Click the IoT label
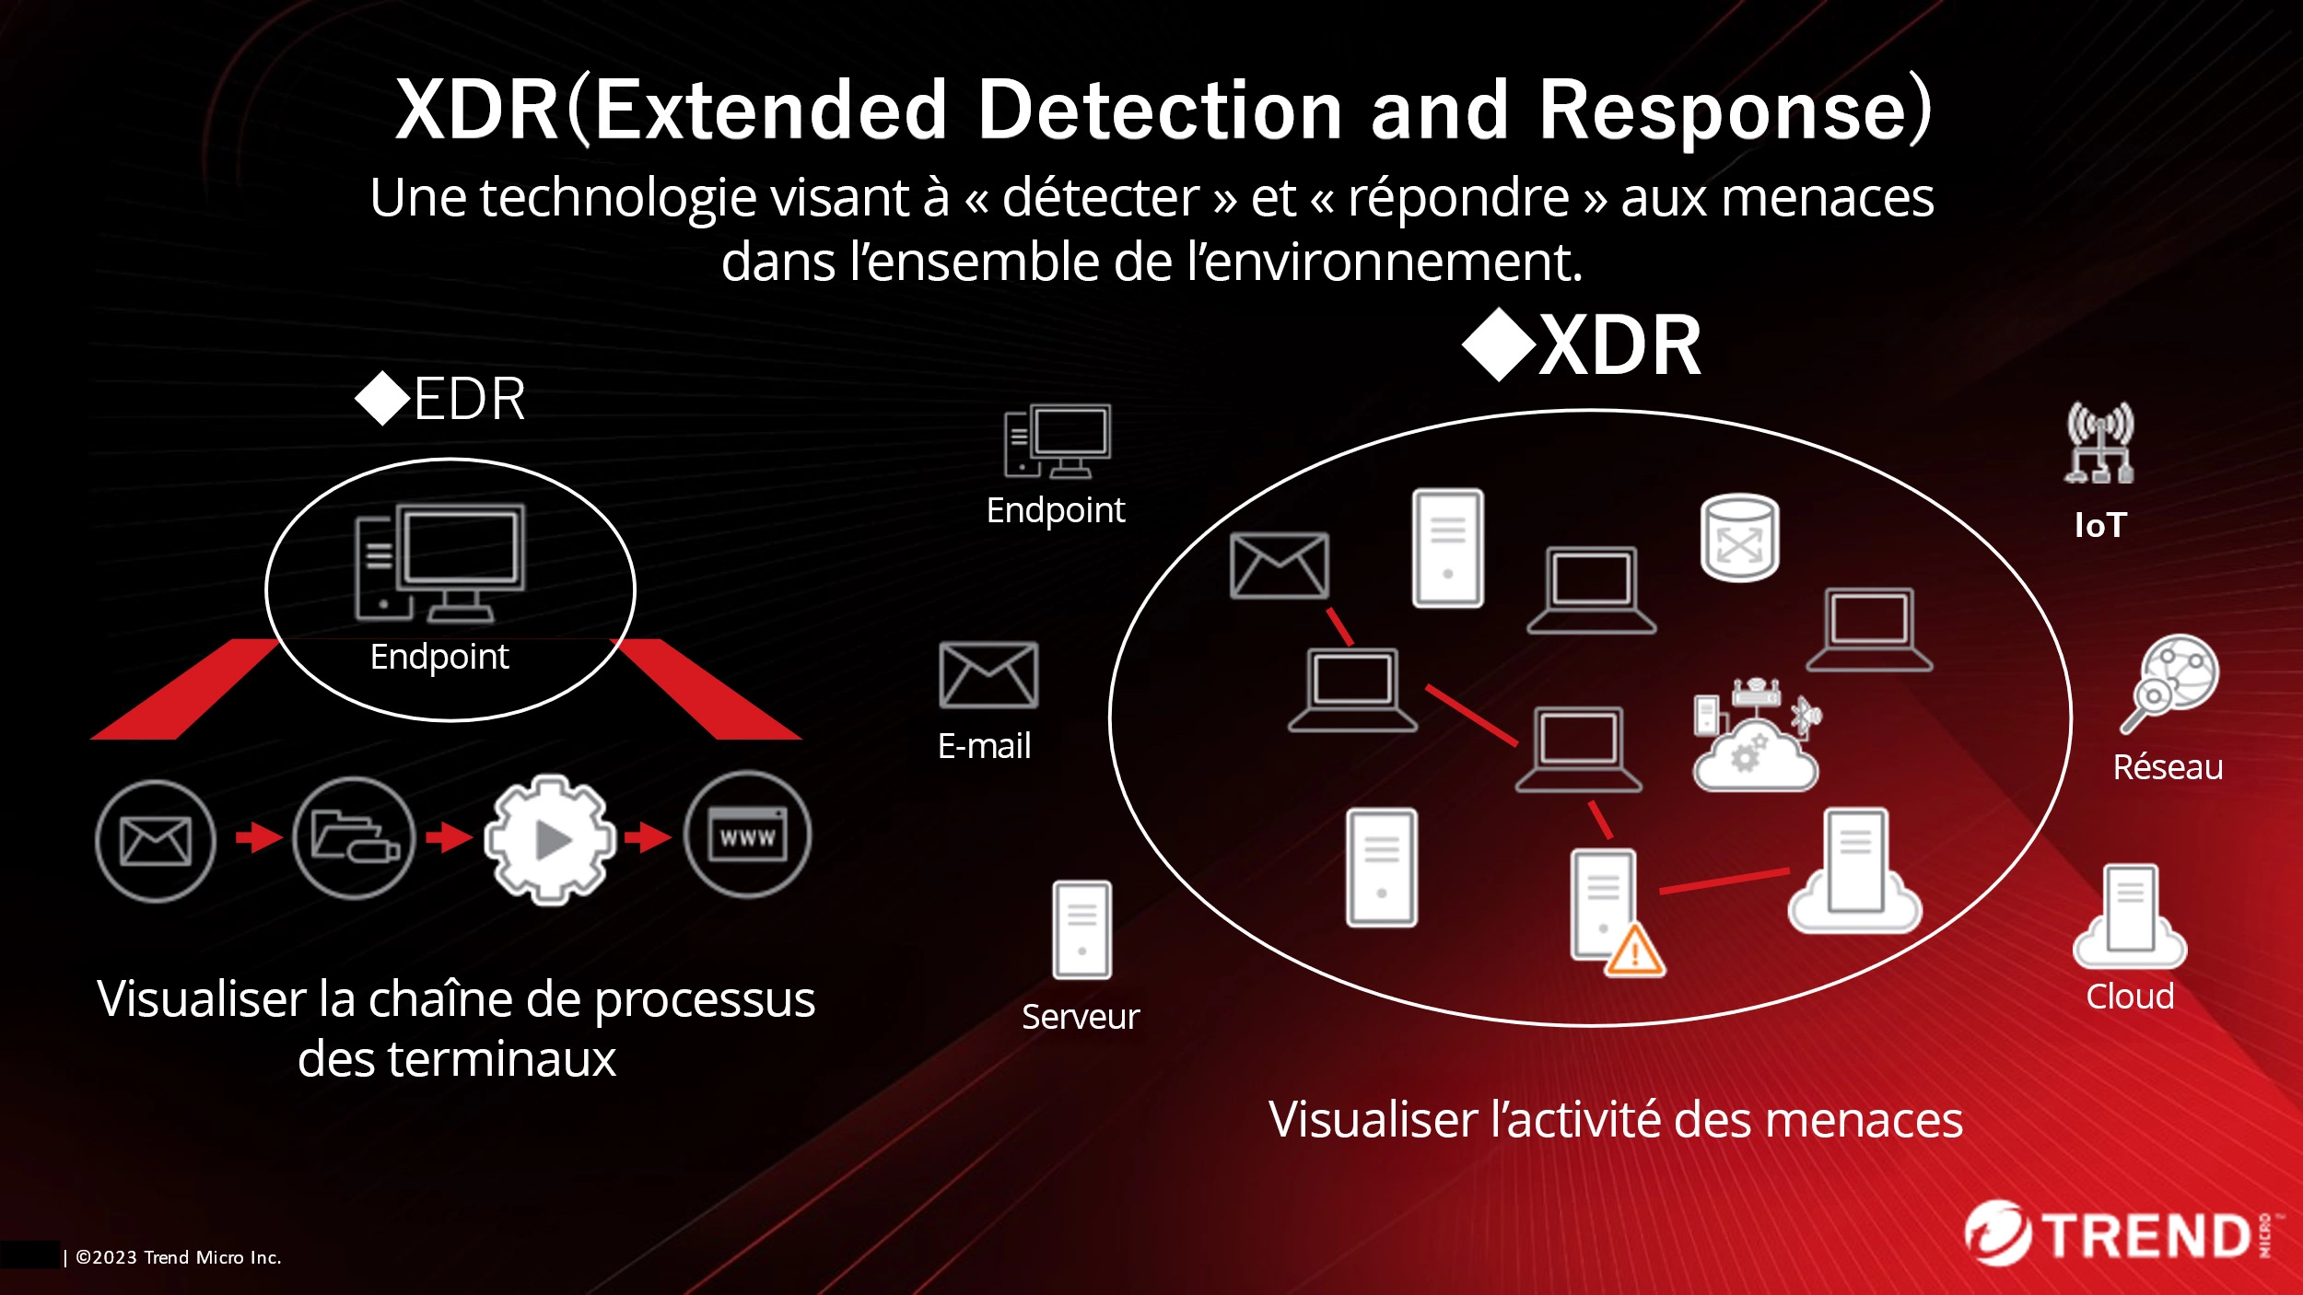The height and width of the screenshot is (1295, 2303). pyautogui.click(x=2100, y=525)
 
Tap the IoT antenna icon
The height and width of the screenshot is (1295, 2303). pyautogui.click(x=2099, y=443)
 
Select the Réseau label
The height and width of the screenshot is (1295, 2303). pyautogui.click(x=2168, y=767)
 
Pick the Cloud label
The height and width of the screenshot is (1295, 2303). pyautogui.click(x=2130, y=997)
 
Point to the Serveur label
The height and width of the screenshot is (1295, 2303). pyautogui.click(x=1081, y=1017)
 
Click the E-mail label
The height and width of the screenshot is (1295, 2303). pyautogui.click(x=984, y=746)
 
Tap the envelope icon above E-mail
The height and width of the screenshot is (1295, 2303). pyautogui.click(x=988, y=675)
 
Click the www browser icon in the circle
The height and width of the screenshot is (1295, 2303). pyautogui.click(x=747, y=835)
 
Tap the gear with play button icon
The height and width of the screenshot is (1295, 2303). pyautogui.click(x=550, y=838)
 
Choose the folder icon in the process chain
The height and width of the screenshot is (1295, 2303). pyautogui.click(x=354, y=837)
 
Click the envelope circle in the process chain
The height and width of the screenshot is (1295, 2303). pyautogui.click(x=156, y=841)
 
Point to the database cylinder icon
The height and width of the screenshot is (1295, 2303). pyautogui.click(x=1739, y=539)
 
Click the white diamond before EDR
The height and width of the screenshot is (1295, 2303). pyautogui.click(x=382, y=399)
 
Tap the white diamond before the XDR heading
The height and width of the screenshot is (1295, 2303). pyautogui.click(x=1499, y=345)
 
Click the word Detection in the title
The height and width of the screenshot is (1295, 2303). pyautogui.click(x=1159, y=111)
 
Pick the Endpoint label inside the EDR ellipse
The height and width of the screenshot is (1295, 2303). pyautogui.click(x=439, y=657)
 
